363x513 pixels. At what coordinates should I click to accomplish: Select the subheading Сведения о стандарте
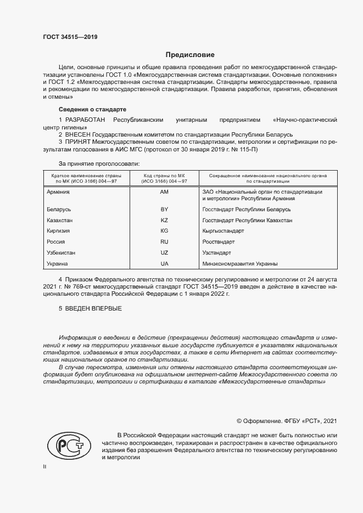click(x=92, y=109)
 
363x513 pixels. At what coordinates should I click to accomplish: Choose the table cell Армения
click(x=58, y=192)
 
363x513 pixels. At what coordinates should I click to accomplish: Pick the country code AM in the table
click(x=164, y=192)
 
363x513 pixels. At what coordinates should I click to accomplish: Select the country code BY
click(x=164, y=210)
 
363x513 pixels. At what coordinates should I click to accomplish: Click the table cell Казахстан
click(x=60, y=220)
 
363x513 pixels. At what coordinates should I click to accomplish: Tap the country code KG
click(x=164, y=231)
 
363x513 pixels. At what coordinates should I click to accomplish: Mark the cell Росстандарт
click(x=219, y=241)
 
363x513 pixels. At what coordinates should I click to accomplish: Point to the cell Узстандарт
click(x=217, y=252)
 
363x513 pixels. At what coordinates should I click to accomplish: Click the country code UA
click(x=164, y=263)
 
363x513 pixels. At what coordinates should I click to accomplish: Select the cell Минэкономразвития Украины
click(x=240, y=263)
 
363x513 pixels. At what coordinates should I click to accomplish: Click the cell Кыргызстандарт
click(x=224, y=231)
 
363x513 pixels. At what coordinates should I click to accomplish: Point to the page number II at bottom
click(x=45, y=467)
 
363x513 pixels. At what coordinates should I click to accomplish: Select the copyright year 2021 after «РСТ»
click(x=330, y=421)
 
